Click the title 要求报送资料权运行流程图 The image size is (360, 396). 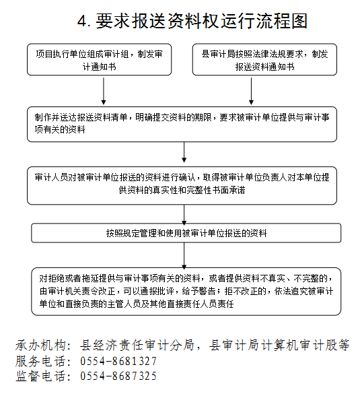pyautogui.click(x=201, y=21)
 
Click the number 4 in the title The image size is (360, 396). pyautogui.click(x=81, y=22)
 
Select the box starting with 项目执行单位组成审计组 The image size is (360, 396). pyautogui.click(x=100, y=59)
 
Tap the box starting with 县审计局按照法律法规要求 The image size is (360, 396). pyautogui.click(x=264, y=59)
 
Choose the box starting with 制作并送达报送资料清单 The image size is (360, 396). pyautogui.click(x=182, y=124)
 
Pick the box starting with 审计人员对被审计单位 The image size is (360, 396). pyautogui.click(x=182, y=186)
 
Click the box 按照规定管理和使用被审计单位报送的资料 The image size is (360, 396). pyautogui.click(x=186, y=233)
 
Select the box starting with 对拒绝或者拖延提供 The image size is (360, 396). pyautogui.click(x=186, y=292)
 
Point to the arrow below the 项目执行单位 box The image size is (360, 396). pyautogui.click(x=104, y=91)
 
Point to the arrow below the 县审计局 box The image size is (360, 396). pyautogui.click(x=251, y=91)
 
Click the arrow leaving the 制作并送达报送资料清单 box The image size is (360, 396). pyautogui.click(x=184, y=152)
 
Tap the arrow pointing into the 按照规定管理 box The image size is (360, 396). pyautogui.click(x=184, y=215)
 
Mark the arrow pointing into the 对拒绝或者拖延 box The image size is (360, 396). pyautogui.click(x=184, y=256)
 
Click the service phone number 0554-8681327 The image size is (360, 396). pyautogui.click(x=118, y=361)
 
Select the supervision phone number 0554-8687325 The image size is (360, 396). pyautogui.click(x=118, y=376)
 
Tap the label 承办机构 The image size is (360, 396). pyautogui.click(x=40, y=345)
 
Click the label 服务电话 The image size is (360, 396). pyautogui.click(x=40, y=361)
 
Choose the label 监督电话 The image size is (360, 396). pyautogui.click(x=40, y=376)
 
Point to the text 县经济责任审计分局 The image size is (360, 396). pyautogui.click(x=137, y=345)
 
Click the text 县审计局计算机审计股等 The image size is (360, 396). pyautogui.click(x=279, y=345)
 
